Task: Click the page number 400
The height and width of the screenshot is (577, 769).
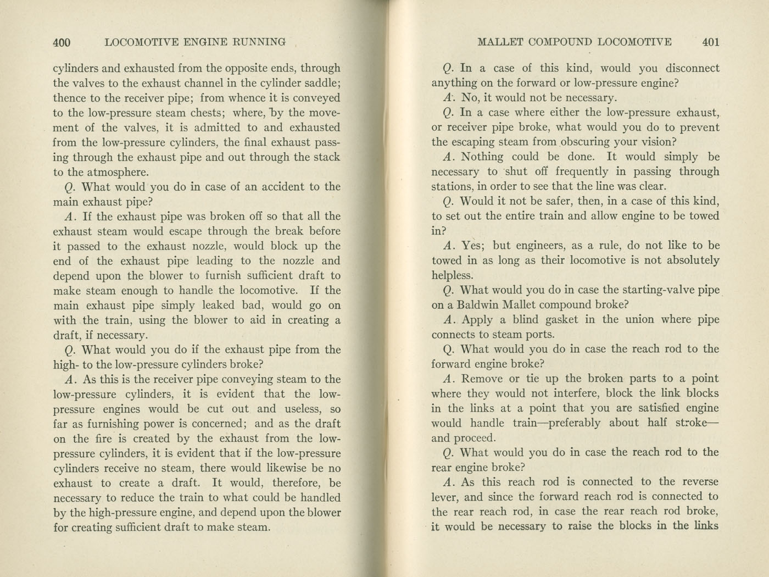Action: coord(62,42)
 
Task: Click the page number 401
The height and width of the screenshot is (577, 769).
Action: coord(710,42)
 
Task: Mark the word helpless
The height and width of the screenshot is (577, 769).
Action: coord(452,275)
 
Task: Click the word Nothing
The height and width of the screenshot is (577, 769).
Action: coord(482,157)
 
